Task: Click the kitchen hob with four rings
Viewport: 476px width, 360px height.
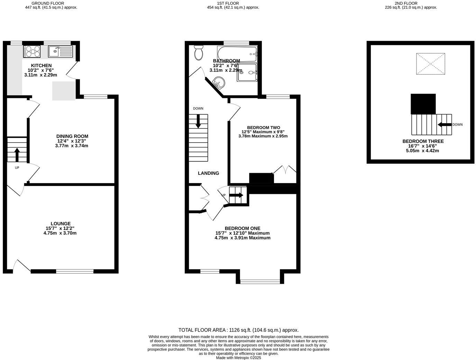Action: point(32,52)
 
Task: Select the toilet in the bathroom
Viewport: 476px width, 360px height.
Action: point(199,53)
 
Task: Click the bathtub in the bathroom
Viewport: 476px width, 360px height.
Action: point(237,54)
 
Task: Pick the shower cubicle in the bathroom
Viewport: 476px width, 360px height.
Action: point(247,72)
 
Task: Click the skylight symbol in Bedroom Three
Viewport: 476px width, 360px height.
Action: point(431,64)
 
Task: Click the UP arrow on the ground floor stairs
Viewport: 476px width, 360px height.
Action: point(17,155)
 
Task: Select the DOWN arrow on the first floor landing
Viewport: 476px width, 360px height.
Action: point(199,121)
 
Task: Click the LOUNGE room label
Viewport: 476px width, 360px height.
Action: point(61,224)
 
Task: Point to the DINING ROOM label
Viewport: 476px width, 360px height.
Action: point(72,136)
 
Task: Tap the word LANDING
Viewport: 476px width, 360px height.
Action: point(208,173)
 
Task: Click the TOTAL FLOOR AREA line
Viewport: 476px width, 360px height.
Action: point(238,330)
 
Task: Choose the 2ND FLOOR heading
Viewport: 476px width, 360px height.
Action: point(411,3)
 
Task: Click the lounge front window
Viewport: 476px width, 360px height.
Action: point(75,271)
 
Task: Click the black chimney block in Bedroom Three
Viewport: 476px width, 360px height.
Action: point(423,104)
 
